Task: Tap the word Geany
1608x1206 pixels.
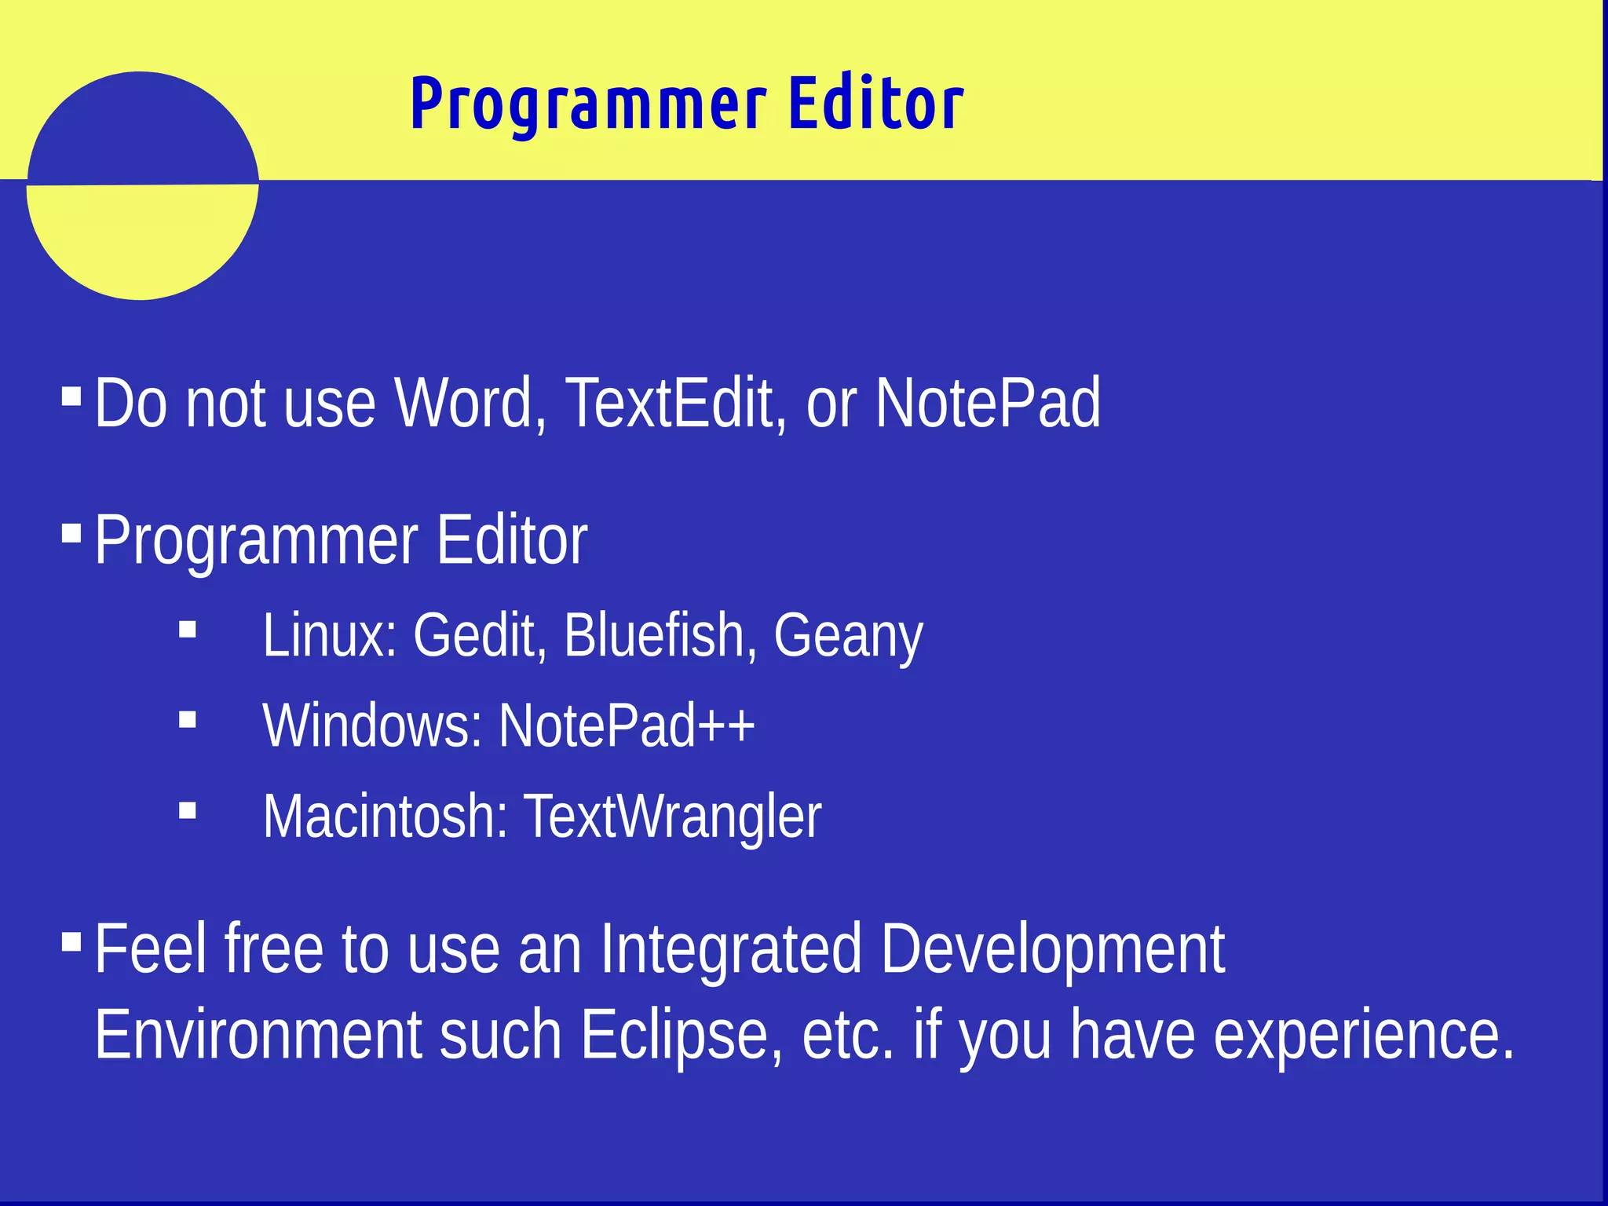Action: click(848, 636)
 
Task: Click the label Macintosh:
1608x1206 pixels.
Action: click(386, 816)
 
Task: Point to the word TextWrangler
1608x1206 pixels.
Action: click(672, 817)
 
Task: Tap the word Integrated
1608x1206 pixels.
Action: click(731, 950)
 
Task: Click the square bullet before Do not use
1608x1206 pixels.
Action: click(71, 395)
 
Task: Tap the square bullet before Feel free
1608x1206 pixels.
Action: click(71, 941)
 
